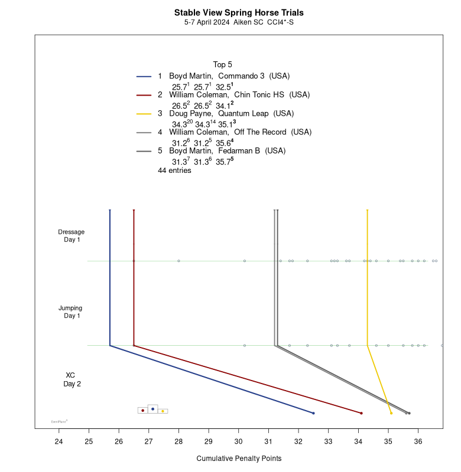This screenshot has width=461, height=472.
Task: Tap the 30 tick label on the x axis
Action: [238, 441]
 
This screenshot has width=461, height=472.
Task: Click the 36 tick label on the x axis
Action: [418, 441]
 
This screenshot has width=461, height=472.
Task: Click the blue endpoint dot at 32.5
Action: [313, 413]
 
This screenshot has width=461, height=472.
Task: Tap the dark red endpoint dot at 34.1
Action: [361, 413]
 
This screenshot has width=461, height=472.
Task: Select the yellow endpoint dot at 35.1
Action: [391, 413]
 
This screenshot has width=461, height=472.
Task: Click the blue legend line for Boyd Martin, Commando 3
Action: [144, 76]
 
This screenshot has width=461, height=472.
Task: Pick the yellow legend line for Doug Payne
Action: [144, 113]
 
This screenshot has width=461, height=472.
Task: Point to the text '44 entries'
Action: [174, 171]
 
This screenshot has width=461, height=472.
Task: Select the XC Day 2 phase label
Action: [72, 379]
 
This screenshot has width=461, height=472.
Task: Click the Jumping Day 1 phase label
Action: [71, 312]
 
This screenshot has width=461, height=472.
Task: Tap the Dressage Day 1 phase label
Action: [71, 235]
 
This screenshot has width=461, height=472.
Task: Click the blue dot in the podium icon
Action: [152, 408]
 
